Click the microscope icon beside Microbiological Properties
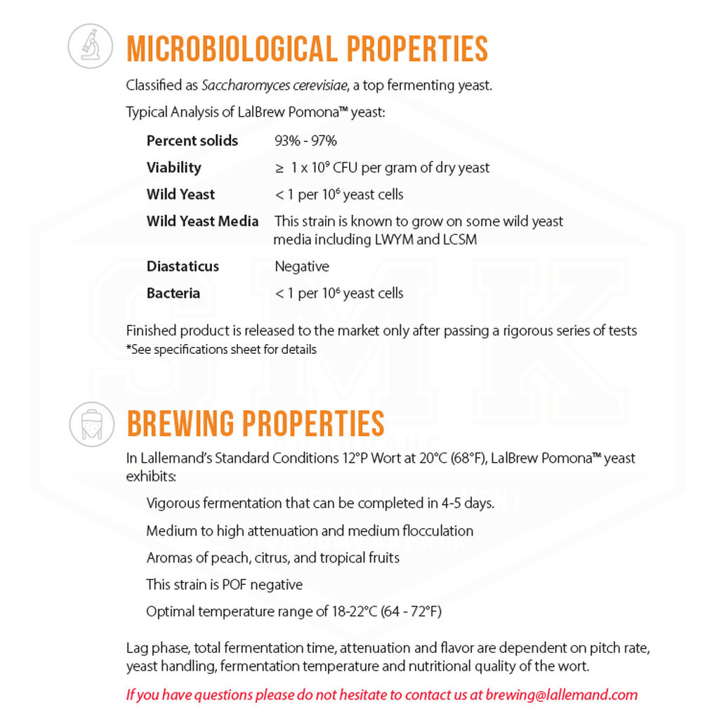coord(91,46)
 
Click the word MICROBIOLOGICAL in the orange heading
coord(232,48)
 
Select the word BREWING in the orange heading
coord(180,423)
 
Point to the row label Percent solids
coord(192,140)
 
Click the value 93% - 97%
coord(305,140)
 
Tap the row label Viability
coord(173,167)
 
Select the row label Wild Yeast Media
coord(202,221)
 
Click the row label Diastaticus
coord(183,266)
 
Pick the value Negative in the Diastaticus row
coord(301,266)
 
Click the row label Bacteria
coord(173,293)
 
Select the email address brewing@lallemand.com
coord(562,695)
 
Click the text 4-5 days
coord(468,503)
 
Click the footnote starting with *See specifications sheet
coord(221,349)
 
